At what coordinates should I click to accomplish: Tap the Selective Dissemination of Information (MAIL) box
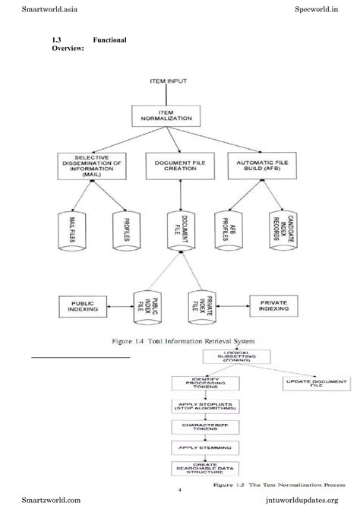point(90,165)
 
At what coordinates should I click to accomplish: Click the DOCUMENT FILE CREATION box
point(178,165)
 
